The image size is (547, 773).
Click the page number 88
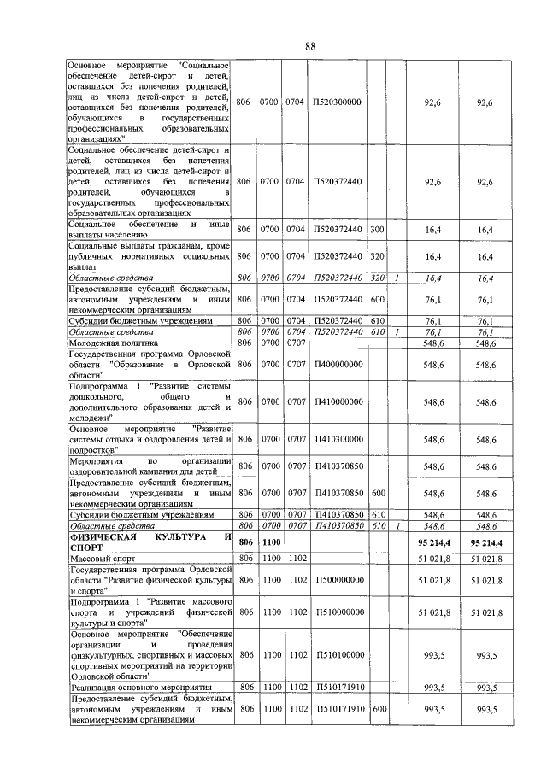[309, 46]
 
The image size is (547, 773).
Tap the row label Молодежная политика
[103, 343]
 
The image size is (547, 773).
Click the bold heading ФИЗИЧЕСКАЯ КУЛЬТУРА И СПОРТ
[150, 544]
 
